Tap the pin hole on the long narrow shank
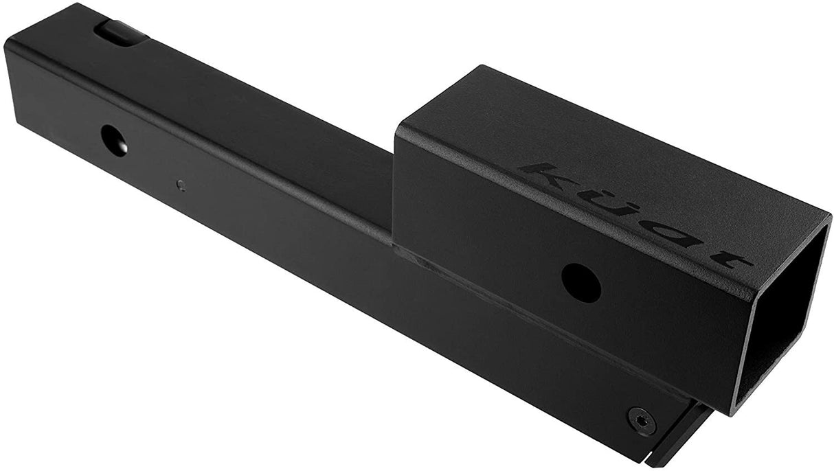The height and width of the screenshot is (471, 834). click(x=114, y=139)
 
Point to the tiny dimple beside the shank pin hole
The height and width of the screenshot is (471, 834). click(x=180, y=184)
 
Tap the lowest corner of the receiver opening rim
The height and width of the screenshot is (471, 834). click(x=733, y=412)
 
